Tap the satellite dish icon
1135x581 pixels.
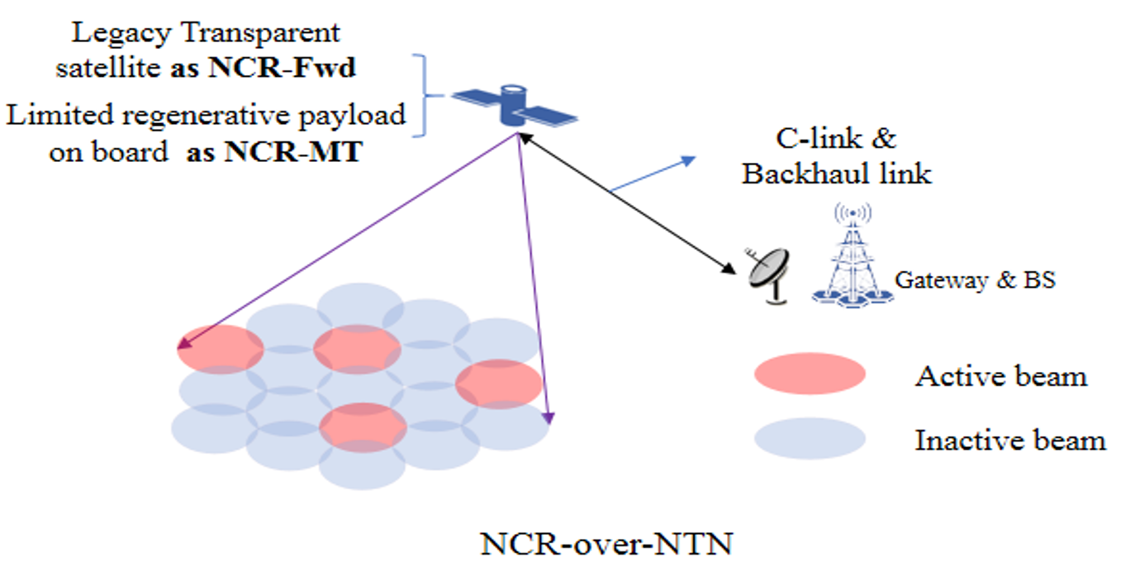(769, 274)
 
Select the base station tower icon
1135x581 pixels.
(852, 256)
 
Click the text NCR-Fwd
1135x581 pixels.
(282, 68)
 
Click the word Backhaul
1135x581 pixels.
(798, 174)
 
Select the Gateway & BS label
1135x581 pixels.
(975, 280)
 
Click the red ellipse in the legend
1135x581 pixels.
(810, 374)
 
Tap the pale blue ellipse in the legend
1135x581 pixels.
(810, 437)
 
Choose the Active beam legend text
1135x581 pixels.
(1000, 377)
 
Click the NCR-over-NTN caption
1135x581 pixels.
(606, 545)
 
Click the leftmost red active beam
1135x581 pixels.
(221, 349)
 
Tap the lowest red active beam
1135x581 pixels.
(363, 426)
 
